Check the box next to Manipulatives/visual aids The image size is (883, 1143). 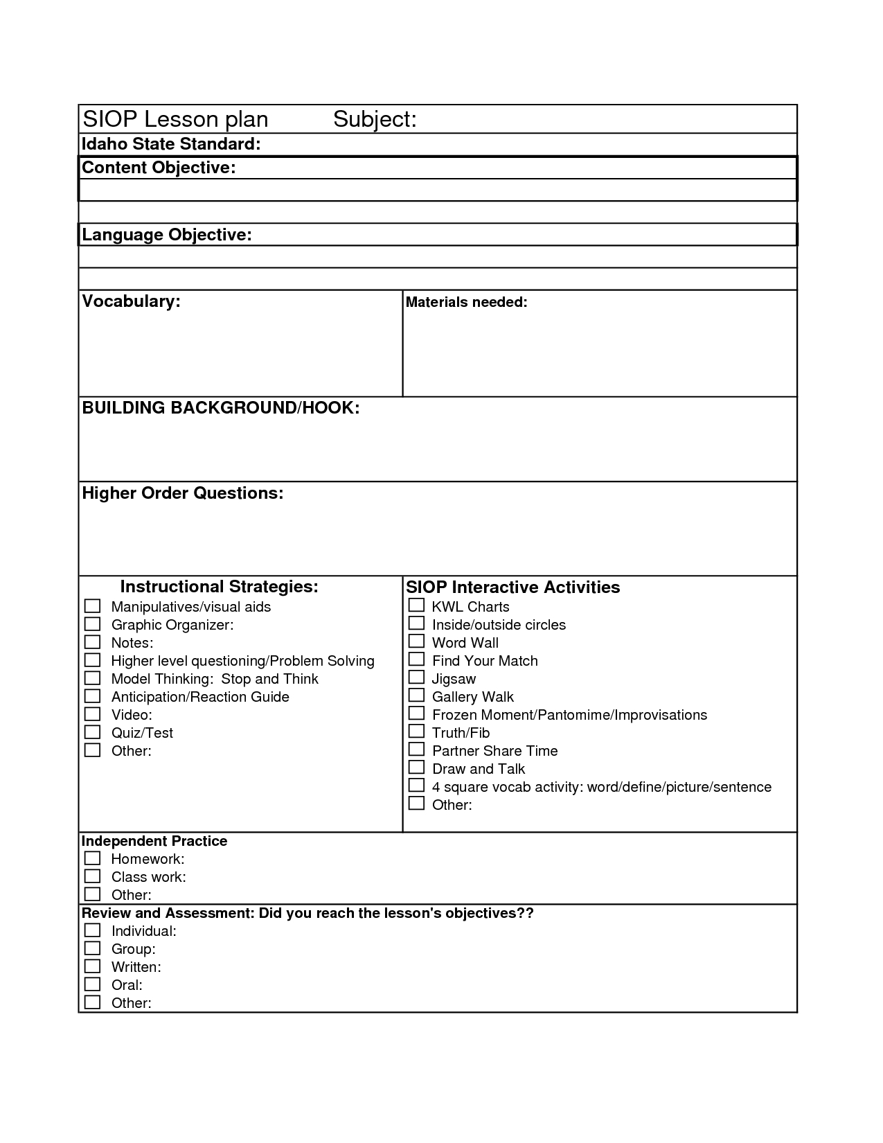92,606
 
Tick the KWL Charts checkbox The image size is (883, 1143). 416,605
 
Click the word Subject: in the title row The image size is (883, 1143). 375,119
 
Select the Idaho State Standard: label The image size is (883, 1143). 171,144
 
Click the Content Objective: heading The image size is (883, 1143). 159,168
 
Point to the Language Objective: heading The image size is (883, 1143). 166,235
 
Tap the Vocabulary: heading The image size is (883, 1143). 131,301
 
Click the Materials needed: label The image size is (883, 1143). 466,302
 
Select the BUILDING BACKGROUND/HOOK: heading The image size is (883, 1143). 220,407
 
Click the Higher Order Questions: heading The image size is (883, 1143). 183,493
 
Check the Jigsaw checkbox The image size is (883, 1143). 416,677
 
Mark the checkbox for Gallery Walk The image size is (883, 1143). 416,695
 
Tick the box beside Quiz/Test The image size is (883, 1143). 92,732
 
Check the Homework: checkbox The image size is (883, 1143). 92,858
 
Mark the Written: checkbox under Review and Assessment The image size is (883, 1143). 92,966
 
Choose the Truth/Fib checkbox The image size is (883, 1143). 416,731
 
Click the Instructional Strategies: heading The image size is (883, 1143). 219,587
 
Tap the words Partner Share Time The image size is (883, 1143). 494,751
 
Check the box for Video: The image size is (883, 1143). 92,714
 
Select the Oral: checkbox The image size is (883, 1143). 92,984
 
